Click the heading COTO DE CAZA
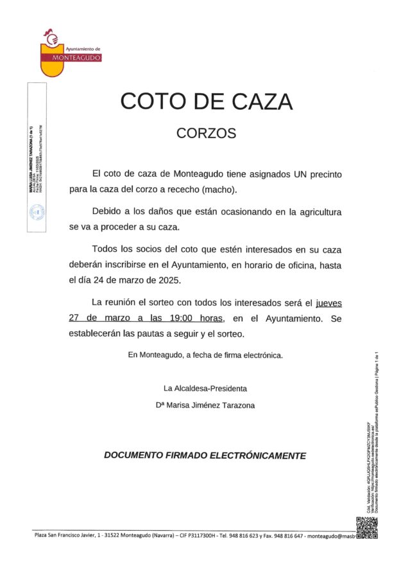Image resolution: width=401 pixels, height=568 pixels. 206,102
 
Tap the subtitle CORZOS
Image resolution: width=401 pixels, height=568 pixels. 206,134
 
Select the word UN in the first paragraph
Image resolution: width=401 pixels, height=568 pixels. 302,174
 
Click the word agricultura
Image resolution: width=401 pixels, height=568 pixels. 318,211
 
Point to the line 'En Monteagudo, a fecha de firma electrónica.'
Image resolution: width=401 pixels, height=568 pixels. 205,355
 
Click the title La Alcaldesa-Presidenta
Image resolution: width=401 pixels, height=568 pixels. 205,388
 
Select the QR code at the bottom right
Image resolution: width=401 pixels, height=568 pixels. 367,528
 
